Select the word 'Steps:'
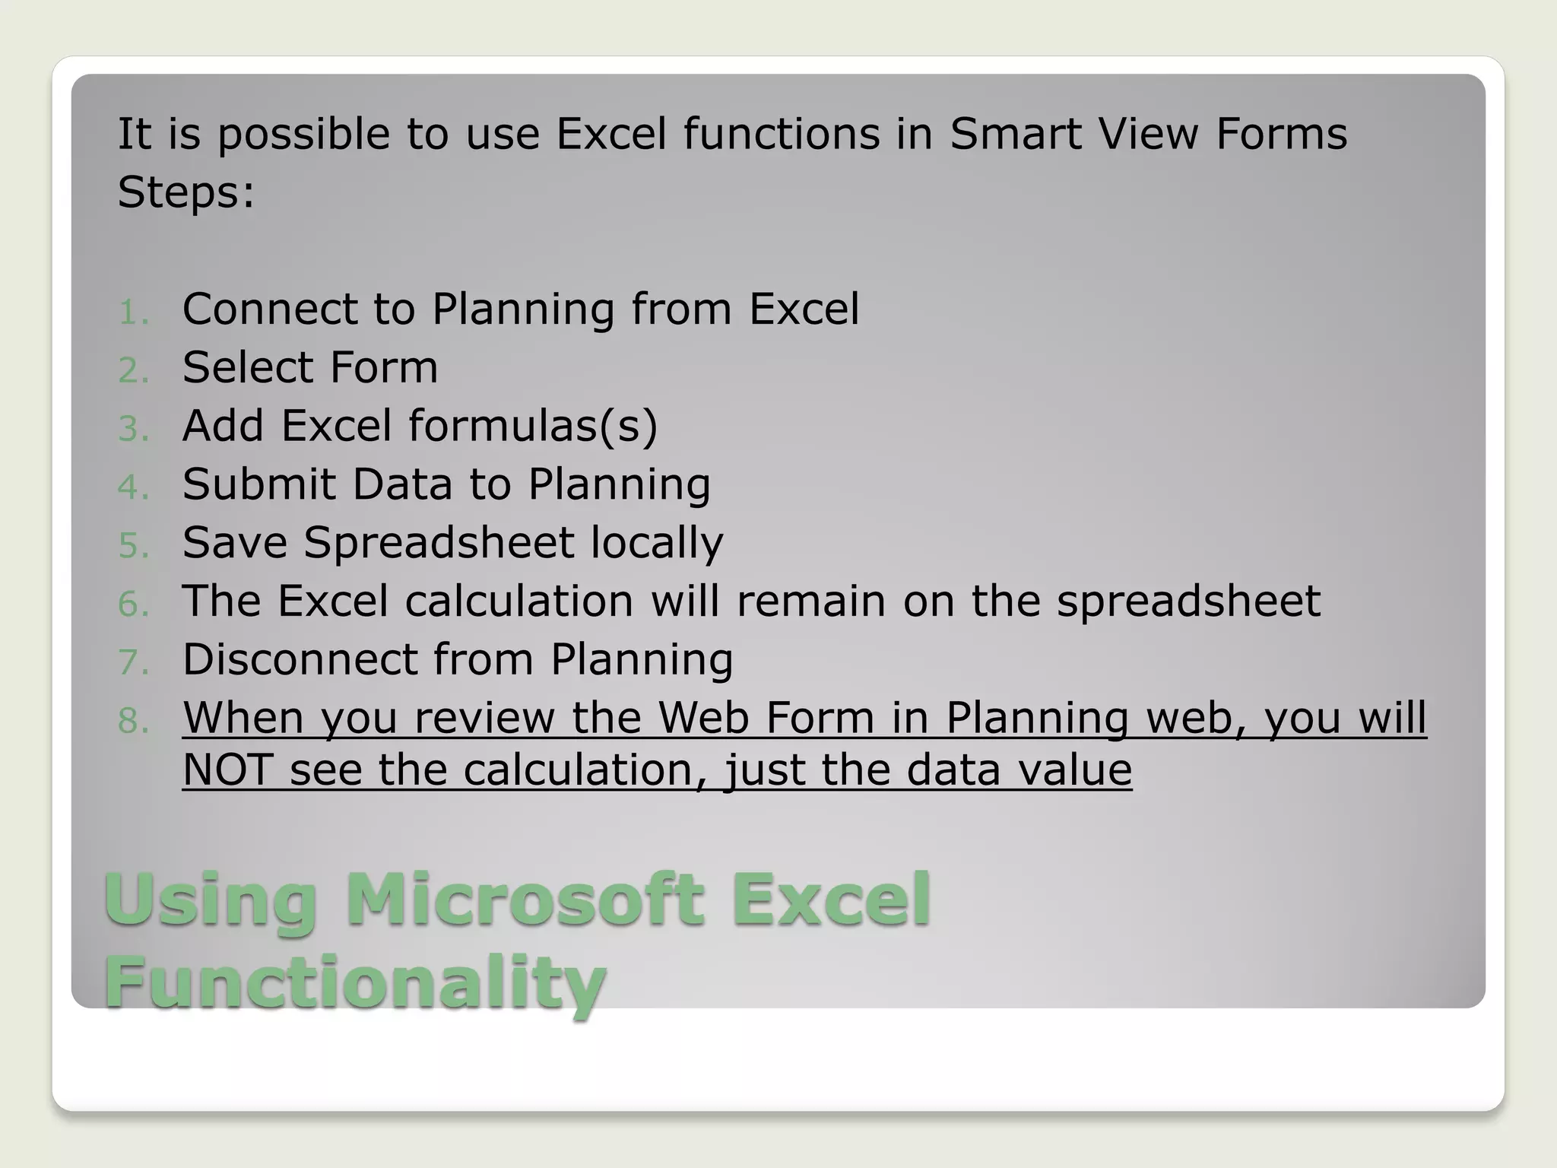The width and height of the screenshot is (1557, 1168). point(186,192)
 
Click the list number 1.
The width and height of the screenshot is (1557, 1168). point(134,312)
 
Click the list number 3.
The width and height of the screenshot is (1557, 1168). point(134,429)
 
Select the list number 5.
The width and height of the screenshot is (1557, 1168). point(134,546)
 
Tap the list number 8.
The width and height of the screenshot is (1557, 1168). point(134,721)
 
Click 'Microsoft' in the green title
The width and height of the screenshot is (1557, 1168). point(525,900)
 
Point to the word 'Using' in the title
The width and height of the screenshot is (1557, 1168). point(210,902)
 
